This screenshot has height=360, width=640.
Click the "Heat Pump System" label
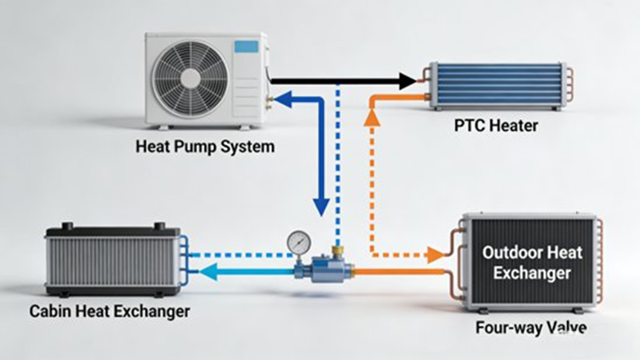[x=204, y=147]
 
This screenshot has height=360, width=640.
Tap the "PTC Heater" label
[x=496, y=126]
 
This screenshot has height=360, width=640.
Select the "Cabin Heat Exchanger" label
[x=109, y=311]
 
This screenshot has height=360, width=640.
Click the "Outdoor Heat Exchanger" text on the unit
[x=531, y=263]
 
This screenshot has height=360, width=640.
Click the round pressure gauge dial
[x=299, y=241]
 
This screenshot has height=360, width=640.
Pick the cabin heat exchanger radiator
[x=111, y=260]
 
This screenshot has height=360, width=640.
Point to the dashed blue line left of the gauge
[x=238, y=255]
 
